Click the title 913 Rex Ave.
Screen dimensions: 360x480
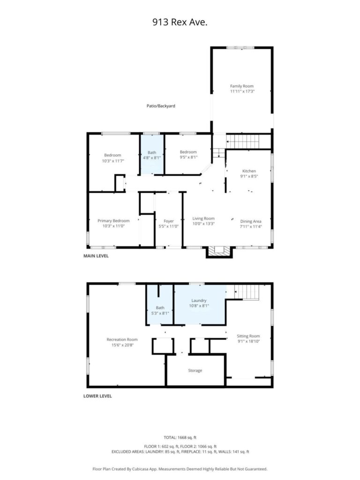coord(180,22)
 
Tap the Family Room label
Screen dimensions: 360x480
coord(242,86)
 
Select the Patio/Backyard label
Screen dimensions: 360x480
coord(161,106)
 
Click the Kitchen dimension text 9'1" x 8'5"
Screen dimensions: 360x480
coord(249,176)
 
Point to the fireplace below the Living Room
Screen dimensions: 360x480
coord(219,252)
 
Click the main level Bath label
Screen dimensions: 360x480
coord(152,152)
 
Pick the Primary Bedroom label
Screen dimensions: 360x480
coord(113,221)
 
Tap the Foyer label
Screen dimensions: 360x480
coord(169,221)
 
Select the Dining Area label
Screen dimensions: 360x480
coord(251,221)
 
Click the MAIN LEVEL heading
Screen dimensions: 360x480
coord(96,256)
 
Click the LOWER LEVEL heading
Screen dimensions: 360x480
coord(97,396)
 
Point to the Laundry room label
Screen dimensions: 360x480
coord(199,300)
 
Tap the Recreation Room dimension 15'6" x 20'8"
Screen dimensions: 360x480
coord(122,345)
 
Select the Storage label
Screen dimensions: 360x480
coord(195,370)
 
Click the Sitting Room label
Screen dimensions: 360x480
coord(248,336)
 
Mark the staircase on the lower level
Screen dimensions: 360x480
coord(247,292)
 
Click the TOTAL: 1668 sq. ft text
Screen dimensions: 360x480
coord(180,437)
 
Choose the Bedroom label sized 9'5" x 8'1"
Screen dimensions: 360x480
coord(188,152)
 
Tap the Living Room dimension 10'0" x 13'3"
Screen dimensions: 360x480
coord(203,224)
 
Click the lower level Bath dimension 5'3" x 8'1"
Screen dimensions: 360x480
coord(160,313)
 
